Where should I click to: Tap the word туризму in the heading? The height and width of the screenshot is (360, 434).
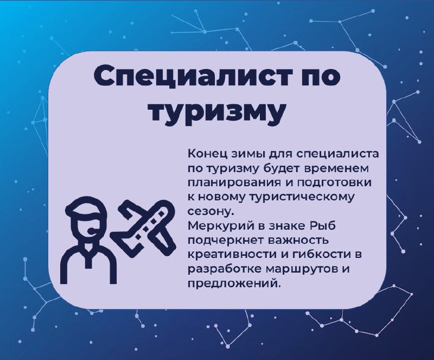[218, 112]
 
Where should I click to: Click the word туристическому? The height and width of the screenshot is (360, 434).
[302, 198]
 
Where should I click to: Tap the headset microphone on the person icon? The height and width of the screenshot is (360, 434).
[93, 231]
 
